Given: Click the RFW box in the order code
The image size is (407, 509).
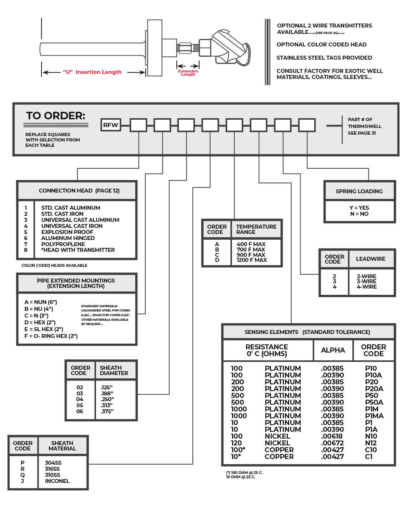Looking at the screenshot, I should [x=110, y=125].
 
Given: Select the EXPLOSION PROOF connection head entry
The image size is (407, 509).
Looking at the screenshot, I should [x=67, y=232].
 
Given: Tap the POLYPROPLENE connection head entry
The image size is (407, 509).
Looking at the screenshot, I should [x=63, y=244].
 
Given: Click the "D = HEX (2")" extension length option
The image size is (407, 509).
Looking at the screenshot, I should [x=40, y=322].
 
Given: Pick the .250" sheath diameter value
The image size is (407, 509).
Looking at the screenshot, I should [x=107, y=399].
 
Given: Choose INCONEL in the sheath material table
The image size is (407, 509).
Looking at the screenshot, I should [x=57, y=481].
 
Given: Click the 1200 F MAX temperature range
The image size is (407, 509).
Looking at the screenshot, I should [x=252, y=260].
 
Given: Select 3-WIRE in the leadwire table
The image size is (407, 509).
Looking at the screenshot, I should [x=366, y=281].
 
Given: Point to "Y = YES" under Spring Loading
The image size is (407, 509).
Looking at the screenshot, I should [x=359, y=208].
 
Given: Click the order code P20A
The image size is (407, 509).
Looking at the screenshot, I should [x=374, y=389].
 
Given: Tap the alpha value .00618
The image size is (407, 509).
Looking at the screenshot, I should [x=332, y=436].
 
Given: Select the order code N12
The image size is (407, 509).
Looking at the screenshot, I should [x=371, y=443].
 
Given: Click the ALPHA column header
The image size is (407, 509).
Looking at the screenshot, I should [x=333, y=350].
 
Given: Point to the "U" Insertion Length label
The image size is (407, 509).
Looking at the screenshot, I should [x=92, y=72].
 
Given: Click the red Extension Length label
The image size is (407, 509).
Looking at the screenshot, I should [x=188, y=73].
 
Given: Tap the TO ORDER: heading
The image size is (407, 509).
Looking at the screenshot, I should [x=56, y=116].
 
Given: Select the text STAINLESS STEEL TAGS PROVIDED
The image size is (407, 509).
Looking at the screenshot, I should [x=324, y=58].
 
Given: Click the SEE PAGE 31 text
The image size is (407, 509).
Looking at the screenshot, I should [x=362, y=133].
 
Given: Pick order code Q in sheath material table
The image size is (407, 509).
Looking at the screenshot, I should [x=22, y=475].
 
